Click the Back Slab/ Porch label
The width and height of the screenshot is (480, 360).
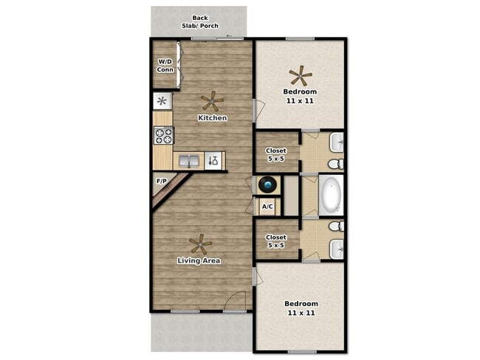pos(199,22)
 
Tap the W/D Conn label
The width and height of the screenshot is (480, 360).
pos(165,66)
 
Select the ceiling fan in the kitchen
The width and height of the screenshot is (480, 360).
pos(213,100)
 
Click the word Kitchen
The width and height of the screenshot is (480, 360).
pos(212,117)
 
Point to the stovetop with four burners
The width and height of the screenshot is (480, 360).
pos(163,135)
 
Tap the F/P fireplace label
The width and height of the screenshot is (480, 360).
pos(160,179)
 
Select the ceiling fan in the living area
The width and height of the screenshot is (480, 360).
pos(199,243)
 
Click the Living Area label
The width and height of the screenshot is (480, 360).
pos(199,260)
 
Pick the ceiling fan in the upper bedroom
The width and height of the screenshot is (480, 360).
pos(300,75)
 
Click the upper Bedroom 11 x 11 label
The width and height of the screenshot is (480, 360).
pos(300,96)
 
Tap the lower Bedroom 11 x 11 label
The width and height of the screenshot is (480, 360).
pos(301,308)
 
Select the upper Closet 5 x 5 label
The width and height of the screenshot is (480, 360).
pos(276,155)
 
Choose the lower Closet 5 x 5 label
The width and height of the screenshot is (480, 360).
pos(276,242)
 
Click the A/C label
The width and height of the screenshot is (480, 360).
pos(267,207)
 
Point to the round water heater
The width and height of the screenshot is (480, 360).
pos(267,184)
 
